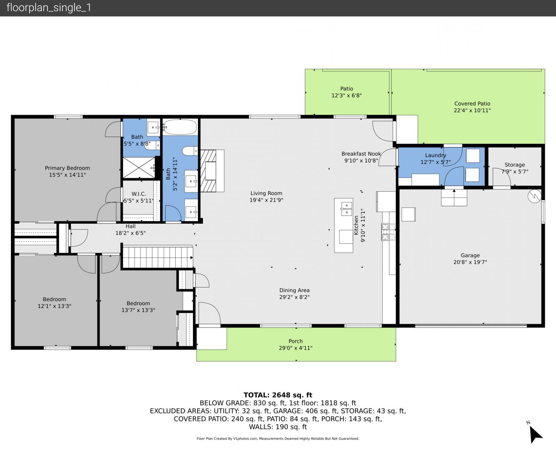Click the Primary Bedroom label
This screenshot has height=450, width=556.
[67, 168]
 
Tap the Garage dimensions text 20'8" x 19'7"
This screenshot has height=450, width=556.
[470, 262]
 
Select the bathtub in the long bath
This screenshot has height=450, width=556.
[180, 127]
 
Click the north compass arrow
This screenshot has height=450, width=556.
[535, 434]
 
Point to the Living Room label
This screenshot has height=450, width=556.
[266, 193]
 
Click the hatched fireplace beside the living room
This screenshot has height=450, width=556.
[208, 171]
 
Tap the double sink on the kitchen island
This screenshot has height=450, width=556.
[347, 209]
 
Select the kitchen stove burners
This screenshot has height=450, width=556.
[388, 232]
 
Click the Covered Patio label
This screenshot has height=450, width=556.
[472, 104]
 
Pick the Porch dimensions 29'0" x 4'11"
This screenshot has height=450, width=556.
[295, 348]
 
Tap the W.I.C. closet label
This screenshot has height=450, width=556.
[139, 194]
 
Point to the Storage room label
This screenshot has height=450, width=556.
[514, 165]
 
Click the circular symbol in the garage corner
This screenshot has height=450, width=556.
[534, 196]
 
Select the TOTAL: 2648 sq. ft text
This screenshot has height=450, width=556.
[278, 395]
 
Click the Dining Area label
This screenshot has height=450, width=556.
[294, 290]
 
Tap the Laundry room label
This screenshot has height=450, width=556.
[435, 155]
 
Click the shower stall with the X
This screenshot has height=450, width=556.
[139, 167]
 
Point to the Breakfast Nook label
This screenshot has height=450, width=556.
[361, 154]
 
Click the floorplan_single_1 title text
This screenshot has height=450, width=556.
[49, 8]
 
